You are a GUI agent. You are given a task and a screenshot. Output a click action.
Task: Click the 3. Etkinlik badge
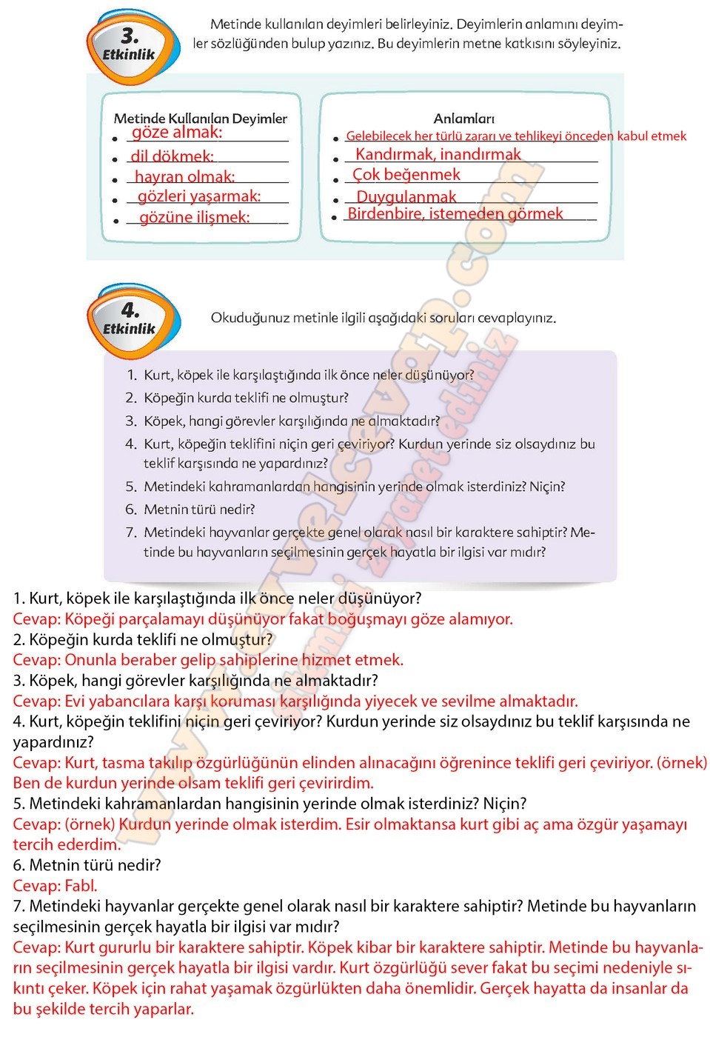click(132, 44)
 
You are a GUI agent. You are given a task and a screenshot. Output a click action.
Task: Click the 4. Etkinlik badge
click(132, 319)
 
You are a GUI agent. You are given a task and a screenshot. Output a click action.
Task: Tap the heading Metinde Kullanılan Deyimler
click(200, 119)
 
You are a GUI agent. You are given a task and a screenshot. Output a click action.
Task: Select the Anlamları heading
click(463, 119)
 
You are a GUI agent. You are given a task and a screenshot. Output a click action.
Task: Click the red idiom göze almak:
click(177, 133)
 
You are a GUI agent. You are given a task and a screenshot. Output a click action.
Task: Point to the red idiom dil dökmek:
click(173, 156)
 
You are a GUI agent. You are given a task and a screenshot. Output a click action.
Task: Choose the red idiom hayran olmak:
click(184, 177)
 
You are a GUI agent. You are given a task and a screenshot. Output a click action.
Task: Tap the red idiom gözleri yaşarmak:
click(199, 196)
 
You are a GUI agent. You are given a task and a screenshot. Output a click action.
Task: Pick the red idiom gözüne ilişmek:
click(195, 217)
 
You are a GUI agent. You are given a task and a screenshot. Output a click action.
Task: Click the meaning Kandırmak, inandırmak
click(438, 154)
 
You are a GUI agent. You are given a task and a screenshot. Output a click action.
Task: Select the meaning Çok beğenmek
click(406, 175)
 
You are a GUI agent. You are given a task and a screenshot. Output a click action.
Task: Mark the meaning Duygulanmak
click(406, 197)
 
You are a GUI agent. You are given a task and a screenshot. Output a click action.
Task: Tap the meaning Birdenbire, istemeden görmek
click(455, 214)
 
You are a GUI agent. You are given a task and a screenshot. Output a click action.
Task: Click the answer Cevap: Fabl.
click(56, 885)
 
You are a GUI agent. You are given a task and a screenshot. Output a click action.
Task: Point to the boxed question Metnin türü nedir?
click(199, 509)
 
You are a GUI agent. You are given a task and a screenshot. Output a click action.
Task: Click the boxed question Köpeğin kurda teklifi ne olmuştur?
click(246, 398)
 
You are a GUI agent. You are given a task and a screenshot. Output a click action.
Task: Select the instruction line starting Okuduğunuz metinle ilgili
click(383, 318)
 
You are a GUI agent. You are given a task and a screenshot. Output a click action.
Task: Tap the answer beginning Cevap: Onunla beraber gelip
click(208, 659)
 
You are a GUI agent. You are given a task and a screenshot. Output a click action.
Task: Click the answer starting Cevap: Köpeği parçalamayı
click(263, 618)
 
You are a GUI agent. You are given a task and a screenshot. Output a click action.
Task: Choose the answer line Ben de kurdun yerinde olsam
click(193, 783)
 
